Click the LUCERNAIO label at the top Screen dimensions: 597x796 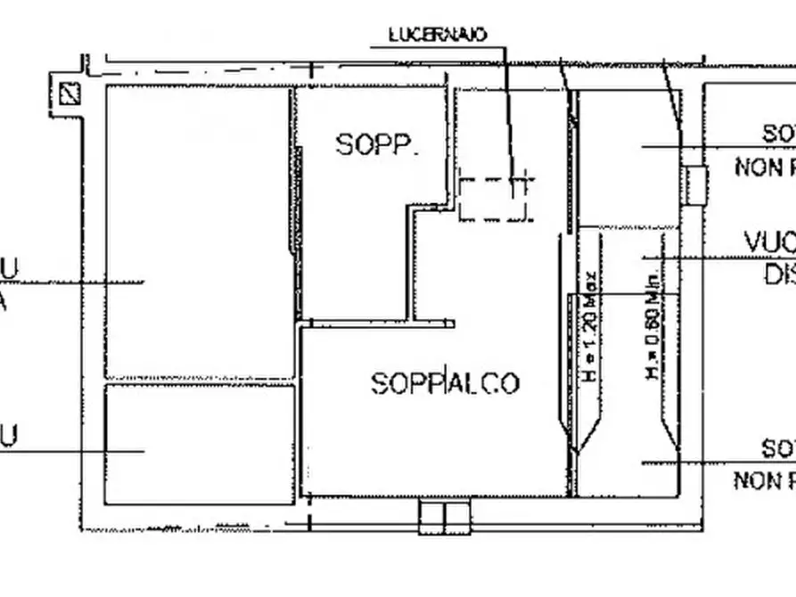pyautogui.click(x=438, y=35)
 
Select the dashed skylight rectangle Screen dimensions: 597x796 pyautogui.click(x=495, y=198)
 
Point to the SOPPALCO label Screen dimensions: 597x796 pyautogui.click(x=445, y=383)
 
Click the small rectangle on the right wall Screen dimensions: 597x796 pyautogui.click(x=695, y=184)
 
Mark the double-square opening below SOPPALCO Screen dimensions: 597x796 pyautogui.click(x=443, y=515)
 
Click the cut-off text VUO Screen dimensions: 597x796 pyautogui.click(x=769, y=242)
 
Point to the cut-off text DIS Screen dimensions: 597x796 pyautogui.click(x=779, y=275)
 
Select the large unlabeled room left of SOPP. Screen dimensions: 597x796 pyautogui.click(x=198, y=232)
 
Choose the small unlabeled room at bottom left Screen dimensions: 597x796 pyautogui.click(x=199, y=444)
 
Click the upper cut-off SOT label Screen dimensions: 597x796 pyautogui.click(x=778, y=135)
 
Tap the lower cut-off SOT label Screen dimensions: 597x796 pyautogui.click(x=778, y=449)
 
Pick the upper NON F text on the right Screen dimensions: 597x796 pyautogui.click(x=765, y=168)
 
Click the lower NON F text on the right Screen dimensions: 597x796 pyautogui.click(x=764, y=481)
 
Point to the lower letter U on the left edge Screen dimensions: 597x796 pyautogui.click(x=8, y=437)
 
